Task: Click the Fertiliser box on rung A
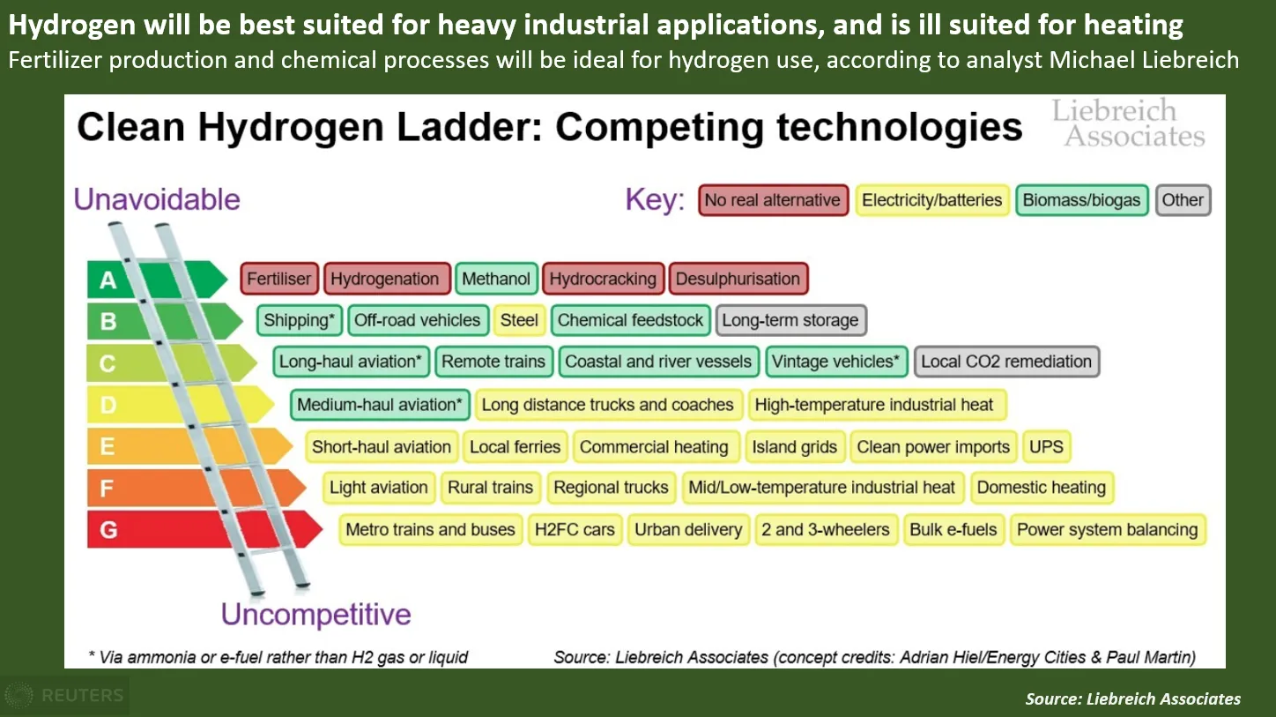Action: point(278,279)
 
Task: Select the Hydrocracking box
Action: point(603,279)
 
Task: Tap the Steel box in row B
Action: point(519,320)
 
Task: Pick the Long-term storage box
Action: point(790,320)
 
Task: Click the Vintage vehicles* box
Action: point(835,362)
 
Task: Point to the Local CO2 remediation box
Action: point(1006,362)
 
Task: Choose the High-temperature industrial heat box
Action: point(874,405)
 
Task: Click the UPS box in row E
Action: point(1046,447)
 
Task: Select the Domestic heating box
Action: point(1041,488)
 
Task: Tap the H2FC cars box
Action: point(575,530)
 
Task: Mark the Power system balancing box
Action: point(1107,530)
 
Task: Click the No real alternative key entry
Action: point(772,200)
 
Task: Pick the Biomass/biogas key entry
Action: point(1081,200)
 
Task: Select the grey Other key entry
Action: point(1183,200)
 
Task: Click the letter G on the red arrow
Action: point(108,531)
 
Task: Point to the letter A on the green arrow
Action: point(108,280)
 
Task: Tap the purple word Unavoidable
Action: point(157,199)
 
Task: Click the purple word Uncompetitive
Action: point(315,614)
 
